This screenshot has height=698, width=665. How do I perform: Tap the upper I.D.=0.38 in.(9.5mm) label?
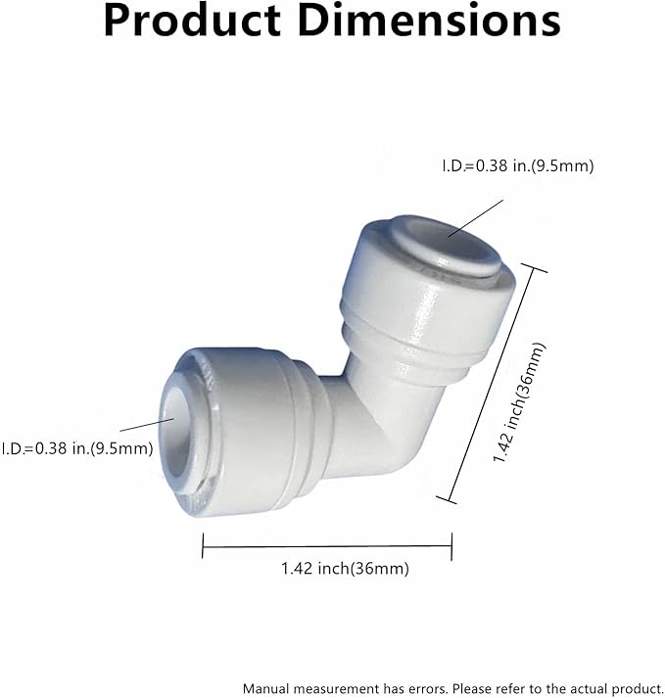coord(518,166)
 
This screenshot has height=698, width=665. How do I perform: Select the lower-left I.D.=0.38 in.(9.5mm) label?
coord(76,448)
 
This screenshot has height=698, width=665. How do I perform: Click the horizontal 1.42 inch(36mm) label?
coord(345,569)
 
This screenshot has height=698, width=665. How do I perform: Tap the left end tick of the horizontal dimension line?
coord(203,545)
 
